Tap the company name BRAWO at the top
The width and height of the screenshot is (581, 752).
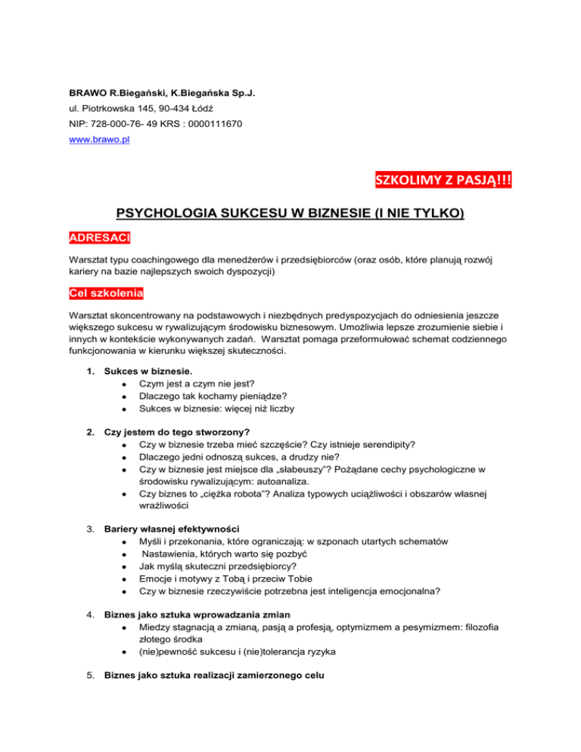(x=83, y=94)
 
